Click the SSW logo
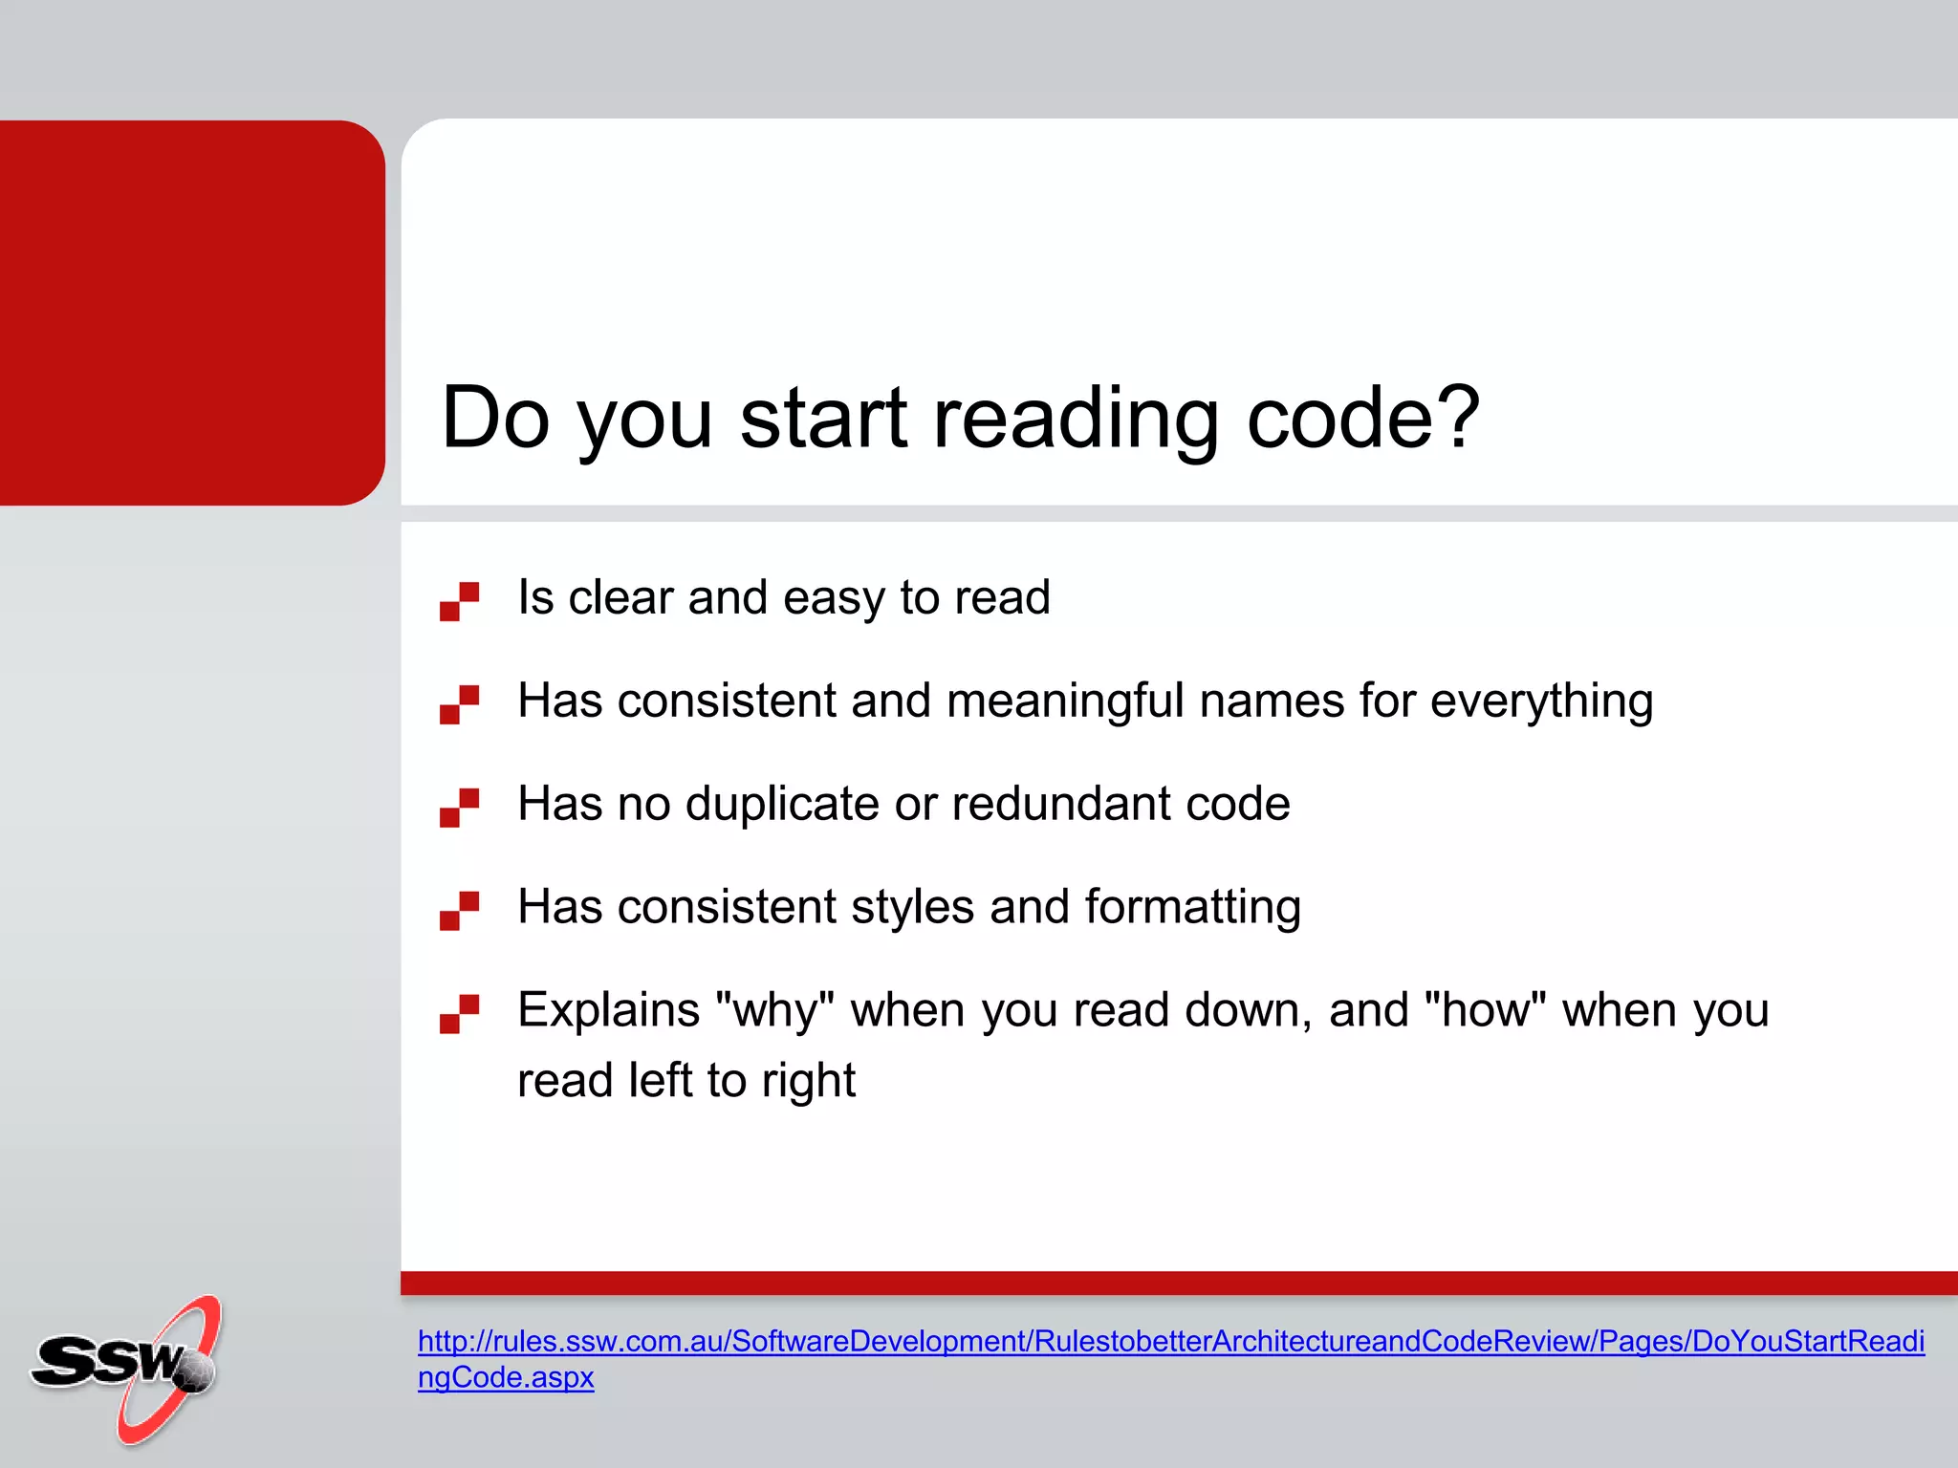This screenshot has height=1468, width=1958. (x=124, y=1367)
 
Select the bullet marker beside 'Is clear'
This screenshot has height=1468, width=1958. (x=459, y=601)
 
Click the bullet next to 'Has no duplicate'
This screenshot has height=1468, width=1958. (x=459, y=808)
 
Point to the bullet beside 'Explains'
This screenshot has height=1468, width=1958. (x=459, y=1014)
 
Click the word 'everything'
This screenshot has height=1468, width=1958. (x=1541, y=702)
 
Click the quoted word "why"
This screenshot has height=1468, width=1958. (x=774, y=1011)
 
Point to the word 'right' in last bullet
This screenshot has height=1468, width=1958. (x=808, y=1082)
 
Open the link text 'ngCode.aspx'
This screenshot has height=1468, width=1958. (x=506, y=1377)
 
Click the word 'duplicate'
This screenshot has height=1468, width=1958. (x=782, y=804)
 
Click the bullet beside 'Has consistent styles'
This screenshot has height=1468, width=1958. (x=459, y=911)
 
